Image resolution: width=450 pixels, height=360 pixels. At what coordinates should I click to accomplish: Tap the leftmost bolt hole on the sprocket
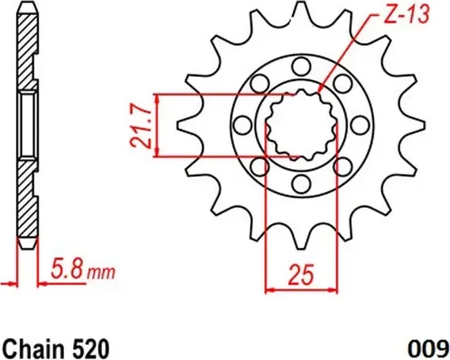click(241, 125)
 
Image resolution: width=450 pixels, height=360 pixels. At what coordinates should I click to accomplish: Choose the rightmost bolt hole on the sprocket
click(358, 125)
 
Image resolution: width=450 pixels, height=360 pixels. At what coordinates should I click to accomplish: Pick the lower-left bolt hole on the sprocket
click(258, 167)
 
